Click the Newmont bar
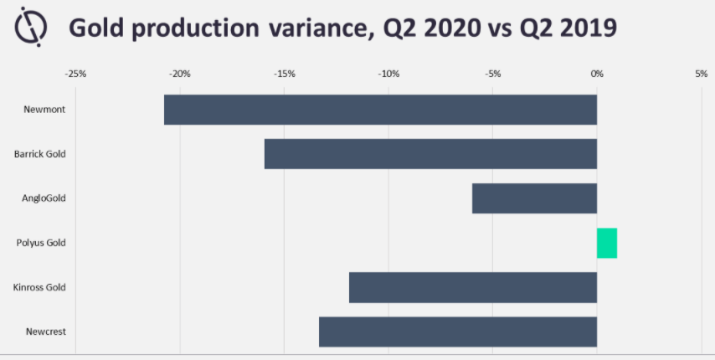pyautogui.click(x=380, y=110)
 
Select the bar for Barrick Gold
pyautogui.click(x=430, y=154)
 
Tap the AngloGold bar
pyautogui.click(x=534, y=198)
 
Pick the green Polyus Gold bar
pyautogui.click(x=607, y=243)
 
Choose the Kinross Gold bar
pyautogui.click(x=473, y=287)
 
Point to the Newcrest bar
pyautogui.click(x=458, y=332)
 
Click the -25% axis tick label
pyautogui.click(x=75, y=74)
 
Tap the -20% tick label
pyautogui.click(x=180, y=74)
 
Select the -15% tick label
pyautogui.click(x=285, y=74)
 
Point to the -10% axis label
pyautogui.click(x=388, y=74)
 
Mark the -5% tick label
pyautogui.click(x=493, y=74)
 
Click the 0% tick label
pyautogui.click(x=597, y=74)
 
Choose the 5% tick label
pyautogui.click(x=702, y=74)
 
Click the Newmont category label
pyautogui.click(x=44, y=110)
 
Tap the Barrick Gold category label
pyautogui.click(x=40, y=154)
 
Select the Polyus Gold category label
pyautogui.click(x=41, y=243)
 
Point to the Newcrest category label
pyautogui.click(x=46, y=332)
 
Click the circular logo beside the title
pyautogui.click(x=31, y=27)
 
